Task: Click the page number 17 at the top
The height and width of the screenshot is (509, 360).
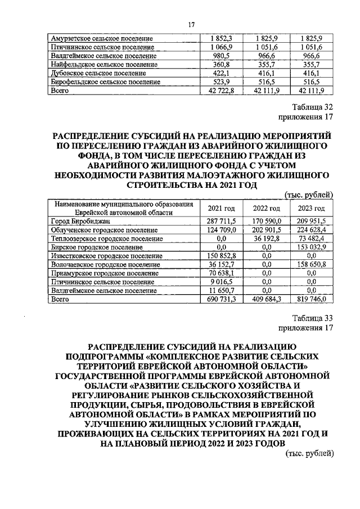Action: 191,25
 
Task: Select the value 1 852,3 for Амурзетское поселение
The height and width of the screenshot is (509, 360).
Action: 222,38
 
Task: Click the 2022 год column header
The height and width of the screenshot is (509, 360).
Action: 267,208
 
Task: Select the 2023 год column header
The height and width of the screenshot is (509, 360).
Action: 311,208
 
